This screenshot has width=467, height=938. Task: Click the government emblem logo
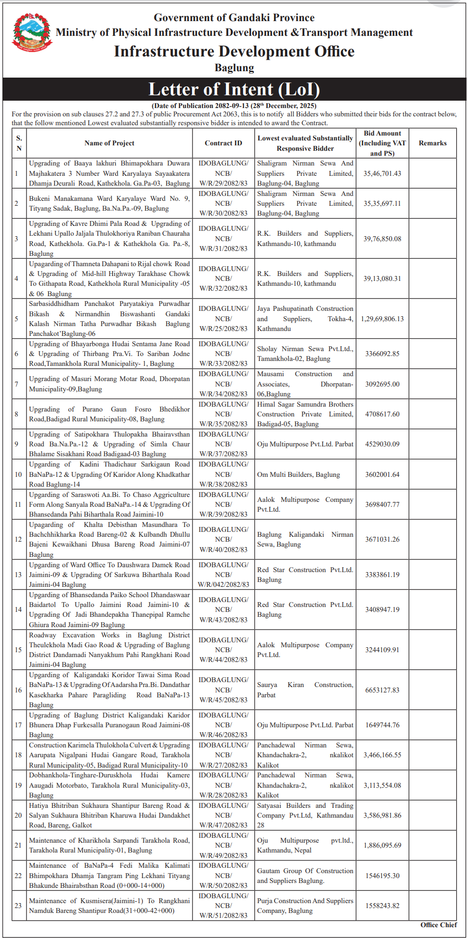[x=32, y=32]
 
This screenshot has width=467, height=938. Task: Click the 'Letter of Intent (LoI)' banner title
[x=234, y=89]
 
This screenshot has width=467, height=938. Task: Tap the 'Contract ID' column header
[x=223, y=143]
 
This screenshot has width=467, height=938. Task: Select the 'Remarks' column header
[x=432, y=143]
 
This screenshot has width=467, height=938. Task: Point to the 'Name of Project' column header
[x=109, y=143]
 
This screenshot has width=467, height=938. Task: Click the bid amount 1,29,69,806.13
[x=382, y=319]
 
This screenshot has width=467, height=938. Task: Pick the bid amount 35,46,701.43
[x=382, y=173]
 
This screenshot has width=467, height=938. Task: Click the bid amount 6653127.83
[x=382, y=690]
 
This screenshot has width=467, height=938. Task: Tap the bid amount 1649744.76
[x=382, y=725]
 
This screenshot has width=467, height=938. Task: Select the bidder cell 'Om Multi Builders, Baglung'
[x=299, y=474]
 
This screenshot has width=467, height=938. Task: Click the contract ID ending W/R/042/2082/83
[x=223, y=584]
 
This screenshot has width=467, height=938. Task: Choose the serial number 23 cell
[x=18, y=906]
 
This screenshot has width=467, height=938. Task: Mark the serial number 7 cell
[x=16, y=384]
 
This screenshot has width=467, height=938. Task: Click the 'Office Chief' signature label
[x=439, y=925]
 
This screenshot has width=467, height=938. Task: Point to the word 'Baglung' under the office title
[x=234, y=68]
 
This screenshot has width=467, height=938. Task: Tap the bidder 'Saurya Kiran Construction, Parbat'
[x=305, y=690]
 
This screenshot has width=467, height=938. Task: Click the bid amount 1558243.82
[x=382, y=906]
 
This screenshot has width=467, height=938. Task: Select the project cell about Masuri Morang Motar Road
[x=109, y=384]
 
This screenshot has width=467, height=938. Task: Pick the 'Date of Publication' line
[x=234, y=106]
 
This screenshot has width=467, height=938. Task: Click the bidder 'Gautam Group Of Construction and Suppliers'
[x=305, y=876]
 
